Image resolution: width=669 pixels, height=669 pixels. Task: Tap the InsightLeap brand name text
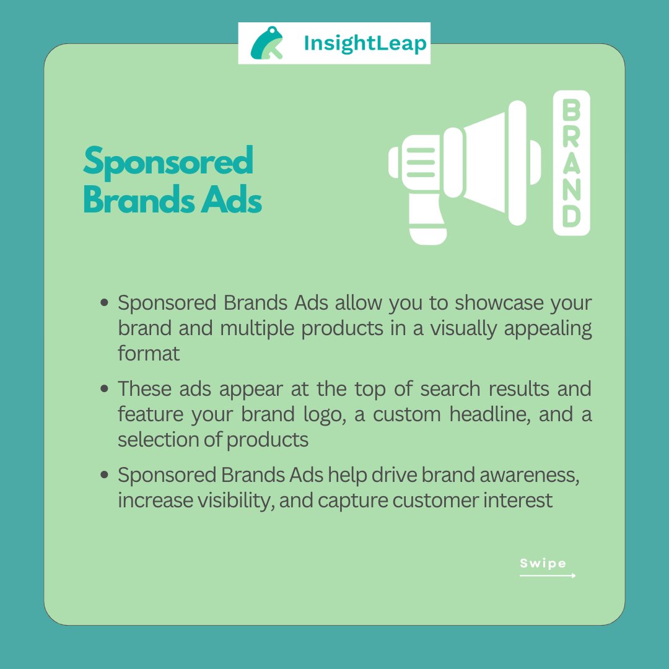(365, 43)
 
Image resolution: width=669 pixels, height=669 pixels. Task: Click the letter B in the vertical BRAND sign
(571, 111)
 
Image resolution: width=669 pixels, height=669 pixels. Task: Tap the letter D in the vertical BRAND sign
(571, 216)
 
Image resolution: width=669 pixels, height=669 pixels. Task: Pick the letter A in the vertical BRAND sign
(571, 164)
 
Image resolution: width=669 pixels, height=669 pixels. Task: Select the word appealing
(548, 328)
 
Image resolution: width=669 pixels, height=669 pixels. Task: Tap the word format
(149, 353)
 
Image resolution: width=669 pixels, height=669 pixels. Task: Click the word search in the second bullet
(451, 389)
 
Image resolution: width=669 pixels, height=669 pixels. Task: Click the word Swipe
(543, 563)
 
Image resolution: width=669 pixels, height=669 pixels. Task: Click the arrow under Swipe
(548, 575)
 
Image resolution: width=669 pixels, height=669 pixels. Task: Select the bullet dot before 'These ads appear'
(105, 390)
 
